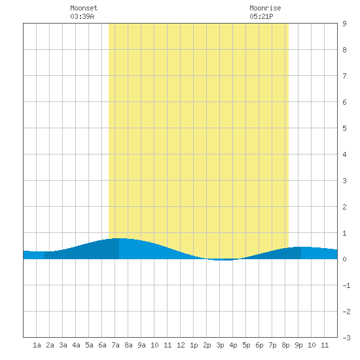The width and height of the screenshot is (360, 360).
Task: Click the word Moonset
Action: tap(84, 8)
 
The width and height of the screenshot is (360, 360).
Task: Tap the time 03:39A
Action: tap(82, 16)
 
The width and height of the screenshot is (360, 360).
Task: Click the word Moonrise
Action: tap(265, 8)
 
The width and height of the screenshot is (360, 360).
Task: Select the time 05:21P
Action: tap(261, 16)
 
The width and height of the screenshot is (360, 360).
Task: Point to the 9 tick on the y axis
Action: tap(344, 24)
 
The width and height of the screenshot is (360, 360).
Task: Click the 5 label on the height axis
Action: tap(344, 128)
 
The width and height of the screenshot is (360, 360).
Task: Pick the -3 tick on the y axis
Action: tap(346, 338)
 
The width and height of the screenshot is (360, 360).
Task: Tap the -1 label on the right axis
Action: tap(346, 285)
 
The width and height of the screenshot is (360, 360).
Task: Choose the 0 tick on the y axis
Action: tap(344, 259)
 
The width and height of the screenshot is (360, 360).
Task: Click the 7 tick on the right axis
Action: tap(344, 76)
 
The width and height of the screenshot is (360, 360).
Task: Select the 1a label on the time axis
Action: tap(37, 345)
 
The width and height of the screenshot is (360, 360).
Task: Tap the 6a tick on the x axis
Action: tap(102, 345)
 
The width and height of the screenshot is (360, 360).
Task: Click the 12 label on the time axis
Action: tap(181, 345)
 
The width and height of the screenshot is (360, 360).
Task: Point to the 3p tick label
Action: tap(220, 345)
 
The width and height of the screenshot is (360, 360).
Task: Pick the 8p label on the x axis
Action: tap(285, 345)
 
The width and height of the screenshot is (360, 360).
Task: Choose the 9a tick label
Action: tap(141, 345)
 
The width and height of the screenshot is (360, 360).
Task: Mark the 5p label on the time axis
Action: tap(246, 345)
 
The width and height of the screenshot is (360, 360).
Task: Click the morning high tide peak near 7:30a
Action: tap(119, 238)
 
